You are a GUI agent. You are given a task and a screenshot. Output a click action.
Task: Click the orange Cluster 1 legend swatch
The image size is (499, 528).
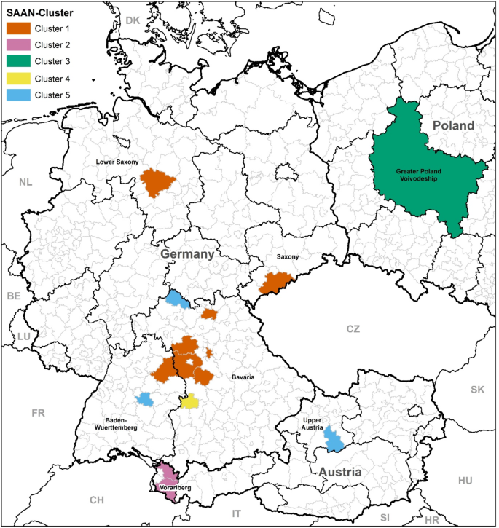click(19, 28)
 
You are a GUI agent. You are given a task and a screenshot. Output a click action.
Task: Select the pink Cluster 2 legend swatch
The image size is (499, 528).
click(19, 45)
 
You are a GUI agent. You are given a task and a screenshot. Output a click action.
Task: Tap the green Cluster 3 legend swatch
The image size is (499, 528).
click(19, 61)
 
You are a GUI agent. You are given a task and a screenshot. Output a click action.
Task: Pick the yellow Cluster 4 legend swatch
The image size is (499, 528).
click(19, 78)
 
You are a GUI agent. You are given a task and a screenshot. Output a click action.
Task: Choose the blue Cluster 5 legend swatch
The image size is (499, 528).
click(19, 94)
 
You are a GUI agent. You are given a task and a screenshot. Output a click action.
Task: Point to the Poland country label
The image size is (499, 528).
click(453, 126)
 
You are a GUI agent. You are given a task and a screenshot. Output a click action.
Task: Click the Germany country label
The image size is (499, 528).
click(187, 255)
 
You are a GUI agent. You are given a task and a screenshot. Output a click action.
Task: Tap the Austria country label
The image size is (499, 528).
click(339, 473)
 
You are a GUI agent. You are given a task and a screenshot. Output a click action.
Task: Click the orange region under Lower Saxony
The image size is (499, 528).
click(154, 183)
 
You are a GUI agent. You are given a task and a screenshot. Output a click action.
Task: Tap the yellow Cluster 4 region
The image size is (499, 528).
click(190, 401)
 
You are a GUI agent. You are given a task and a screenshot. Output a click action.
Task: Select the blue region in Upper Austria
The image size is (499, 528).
click(334, 439)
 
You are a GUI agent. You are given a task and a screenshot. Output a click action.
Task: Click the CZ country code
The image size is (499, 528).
click(353, 329)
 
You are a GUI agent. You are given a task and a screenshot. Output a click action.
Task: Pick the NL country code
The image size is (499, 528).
click(25, 182)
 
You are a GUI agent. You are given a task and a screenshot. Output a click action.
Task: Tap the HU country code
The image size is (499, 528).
click(465, 481)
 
